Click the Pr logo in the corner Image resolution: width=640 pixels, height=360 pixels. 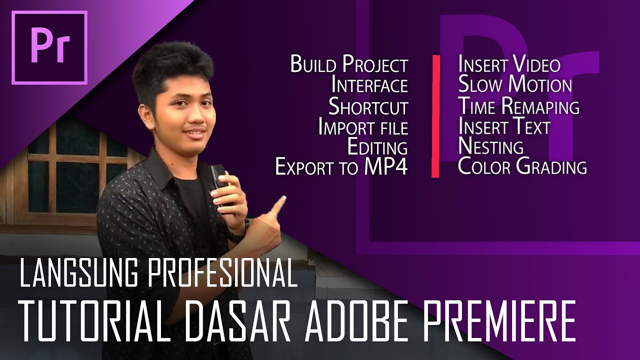click(x=49, y=47)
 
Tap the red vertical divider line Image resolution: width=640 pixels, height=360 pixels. click(x=435, y=116)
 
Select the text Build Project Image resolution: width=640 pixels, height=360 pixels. click(x=349, y=65)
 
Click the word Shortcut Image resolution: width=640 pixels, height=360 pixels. click(x=368, y=106)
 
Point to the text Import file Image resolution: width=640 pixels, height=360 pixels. click(x=363, y=127)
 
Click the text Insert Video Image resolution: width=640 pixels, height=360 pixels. click(x=509, y=65)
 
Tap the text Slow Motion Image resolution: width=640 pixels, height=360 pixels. click(x=515, y=85)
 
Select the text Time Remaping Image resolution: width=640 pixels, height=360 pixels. click(x=518, y=106)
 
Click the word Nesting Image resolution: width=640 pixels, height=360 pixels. click(x=490, y=147)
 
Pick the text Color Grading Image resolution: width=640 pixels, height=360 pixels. click(x=522, y=167)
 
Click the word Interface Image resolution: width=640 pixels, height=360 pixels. click(x=369, y=85)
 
